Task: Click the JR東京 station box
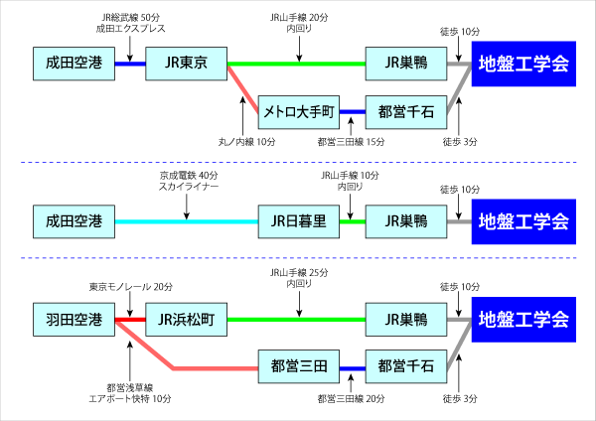pyautogui.click(x=187, y=64)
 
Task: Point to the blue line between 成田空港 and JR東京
pyautogui.click(x=130, y=64)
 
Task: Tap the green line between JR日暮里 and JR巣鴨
pyautogui.click(x=353, y=220)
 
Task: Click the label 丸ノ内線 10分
pyautogui.click(x=246, y=143)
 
